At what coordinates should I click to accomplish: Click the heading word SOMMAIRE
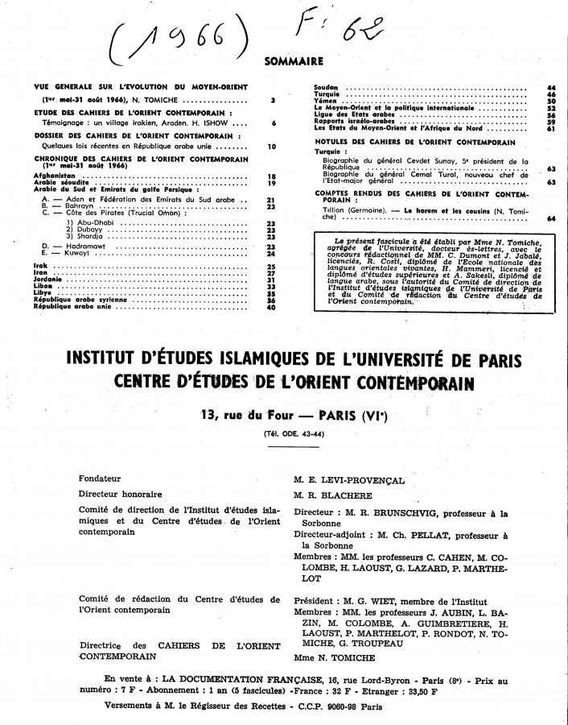pyautogui.click(x=294, y=60)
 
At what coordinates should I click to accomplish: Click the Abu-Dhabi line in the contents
pyautogui.click(x=92, y=222)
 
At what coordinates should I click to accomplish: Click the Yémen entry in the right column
pyautogui.click(x=326, y=100)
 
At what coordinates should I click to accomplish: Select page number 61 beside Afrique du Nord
pyautogui.click(x=551, y=128)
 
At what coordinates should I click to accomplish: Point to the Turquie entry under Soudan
pyautogui.click(x=327, y=93)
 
